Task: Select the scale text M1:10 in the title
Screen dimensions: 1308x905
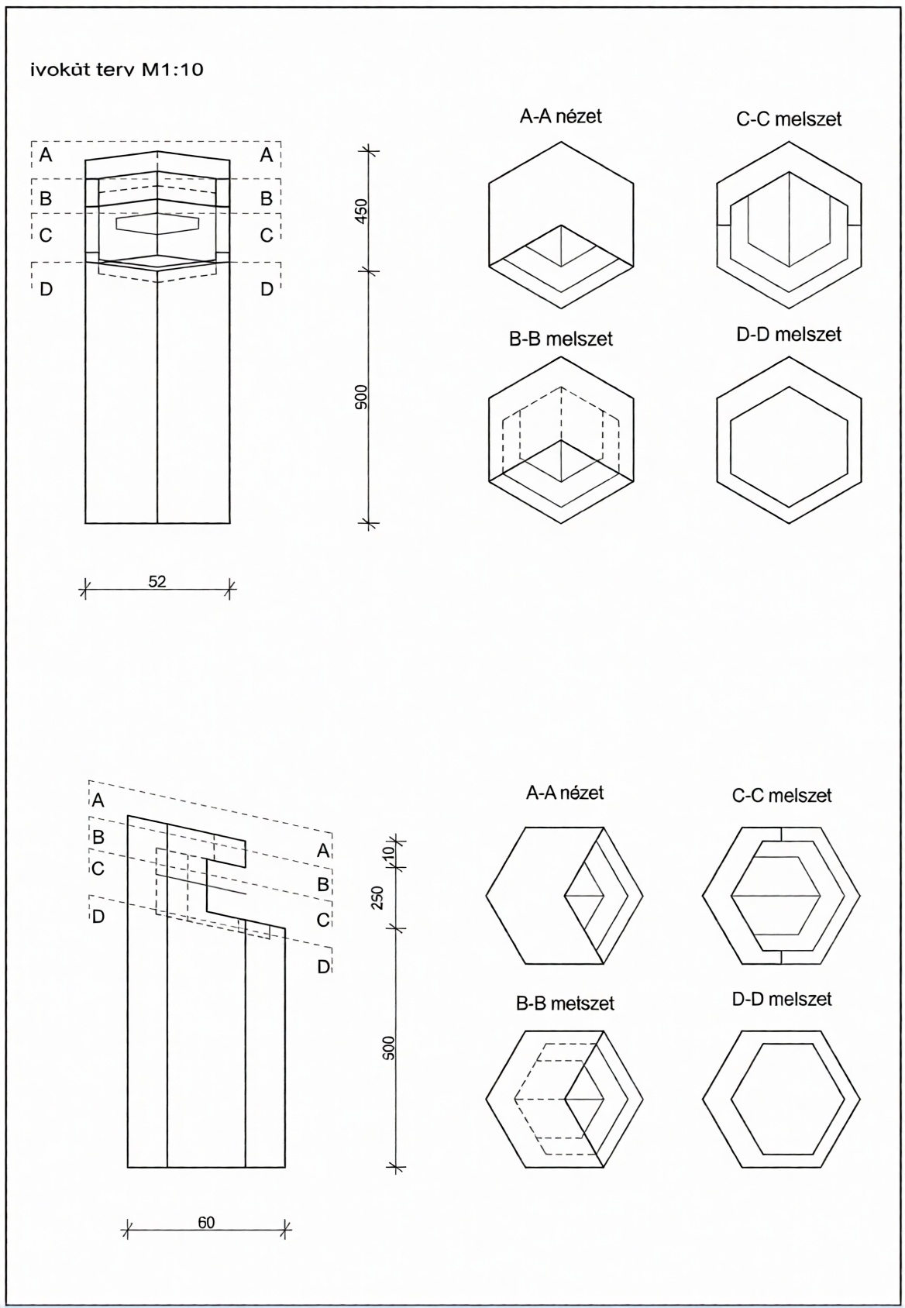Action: pyautogui.click(x=171, y=70)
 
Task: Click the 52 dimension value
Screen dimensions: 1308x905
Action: pyautogui.click(x=157, y=581)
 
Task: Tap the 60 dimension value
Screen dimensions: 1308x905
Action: pyautogui.click(x=206, y=1223)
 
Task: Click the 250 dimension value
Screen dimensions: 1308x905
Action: pyautogui.click(x=377, y=897)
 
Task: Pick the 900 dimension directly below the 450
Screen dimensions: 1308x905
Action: pyautogui.click(x=361, y=397)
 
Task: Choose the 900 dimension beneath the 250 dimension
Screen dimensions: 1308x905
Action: pyautogui.click(x=389, y=1048)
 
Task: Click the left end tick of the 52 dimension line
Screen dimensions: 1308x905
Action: pyautogui.click(x=85, y=590)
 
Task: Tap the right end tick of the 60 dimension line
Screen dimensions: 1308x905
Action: pyautogui.click(x=286, y=1229)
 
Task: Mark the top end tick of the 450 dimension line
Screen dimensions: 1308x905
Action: pyautogui.click(x=368, y=151)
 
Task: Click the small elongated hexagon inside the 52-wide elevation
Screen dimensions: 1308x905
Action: pyautogui.click(x=157, y=223)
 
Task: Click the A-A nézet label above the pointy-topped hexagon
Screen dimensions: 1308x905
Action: pyautogui.click(x=560, y=116)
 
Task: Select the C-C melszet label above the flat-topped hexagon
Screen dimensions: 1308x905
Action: pyautogui.click(x=781, y=796)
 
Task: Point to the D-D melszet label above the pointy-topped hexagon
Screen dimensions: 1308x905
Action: pyautogui.click(x=789, y=334)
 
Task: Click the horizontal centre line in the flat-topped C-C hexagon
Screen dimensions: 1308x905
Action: pyautogui.click(x=776, y=896)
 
